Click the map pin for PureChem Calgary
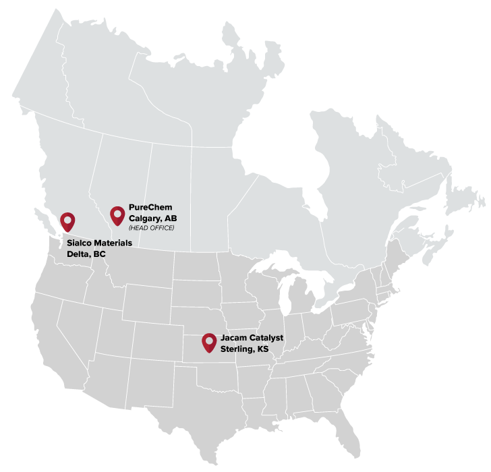tap(117, 214)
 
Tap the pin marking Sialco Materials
tap(67, 221)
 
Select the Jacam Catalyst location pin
tap(209, 342)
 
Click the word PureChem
tap(146, 207)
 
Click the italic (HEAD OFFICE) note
tap(152, 228)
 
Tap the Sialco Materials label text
tap(100, 243)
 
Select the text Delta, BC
tap(87, 254)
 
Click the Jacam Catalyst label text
tap(252, 337)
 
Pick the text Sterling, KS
tap(244, 349)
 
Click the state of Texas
tap(202, 405)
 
